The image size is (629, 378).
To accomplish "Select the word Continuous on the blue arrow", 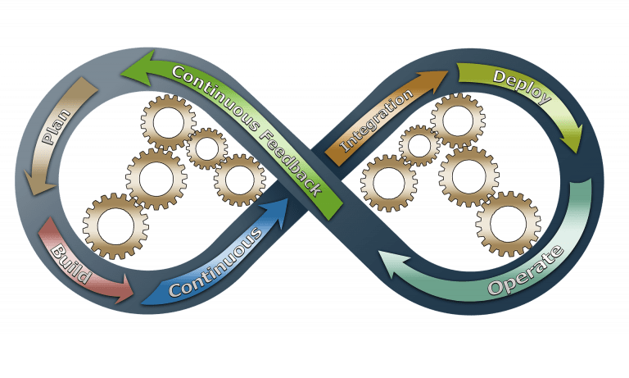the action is [x=215, y=262].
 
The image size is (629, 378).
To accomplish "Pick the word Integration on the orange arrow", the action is [x=376, y=120].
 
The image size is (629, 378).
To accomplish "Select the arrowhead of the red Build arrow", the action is [x=124, y=289].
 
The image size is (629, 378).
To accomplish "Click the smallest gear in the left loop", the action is [x=206, y=148].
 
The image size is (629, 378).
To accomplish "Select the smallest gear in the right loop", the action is [x=419, y=145].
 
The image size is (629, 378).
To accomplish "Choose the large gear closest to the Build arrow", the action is [x=115, y=225].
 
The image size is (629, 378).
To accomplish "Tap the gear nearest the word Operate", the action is [x=509, y=224].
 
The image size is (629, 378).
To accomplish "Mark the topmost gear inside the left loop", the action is [x=169, y=122].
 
